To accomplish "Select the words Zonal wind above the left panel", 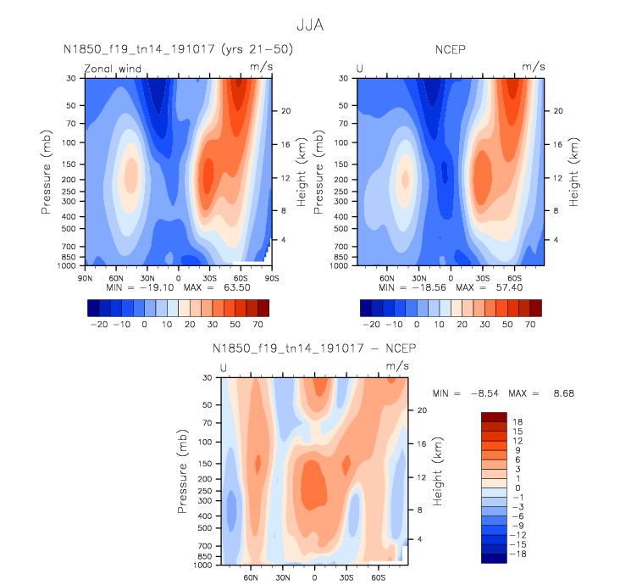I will point(112,68).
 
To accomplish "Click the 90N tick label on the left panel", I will point(85,277).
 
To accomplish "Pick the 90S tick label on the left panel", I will point(271,277).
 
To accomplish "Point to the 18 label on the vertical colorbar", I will point(517,421).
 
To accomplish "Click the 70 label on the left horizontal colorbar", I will point(257,325).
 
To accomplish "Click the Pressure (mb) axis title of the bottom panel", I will point(183,471).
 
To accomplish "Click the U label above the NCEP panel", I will point(360,68).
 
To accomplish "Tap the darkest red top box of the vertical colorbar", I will point(493,416).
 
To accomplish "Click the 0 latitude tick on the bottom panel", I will point(315,577).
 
